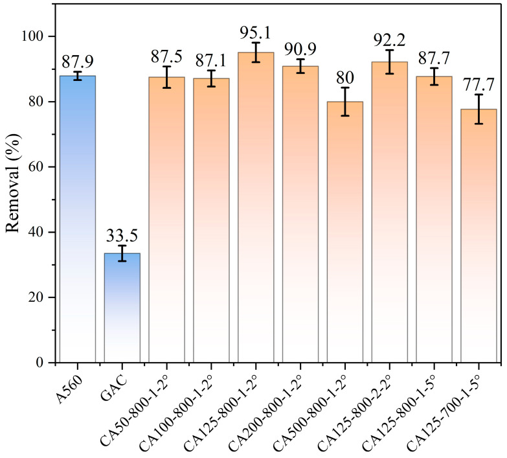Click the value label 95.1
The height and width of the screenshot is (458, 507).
256,33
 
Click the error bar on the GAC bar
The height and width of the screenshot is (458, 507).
122,253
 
